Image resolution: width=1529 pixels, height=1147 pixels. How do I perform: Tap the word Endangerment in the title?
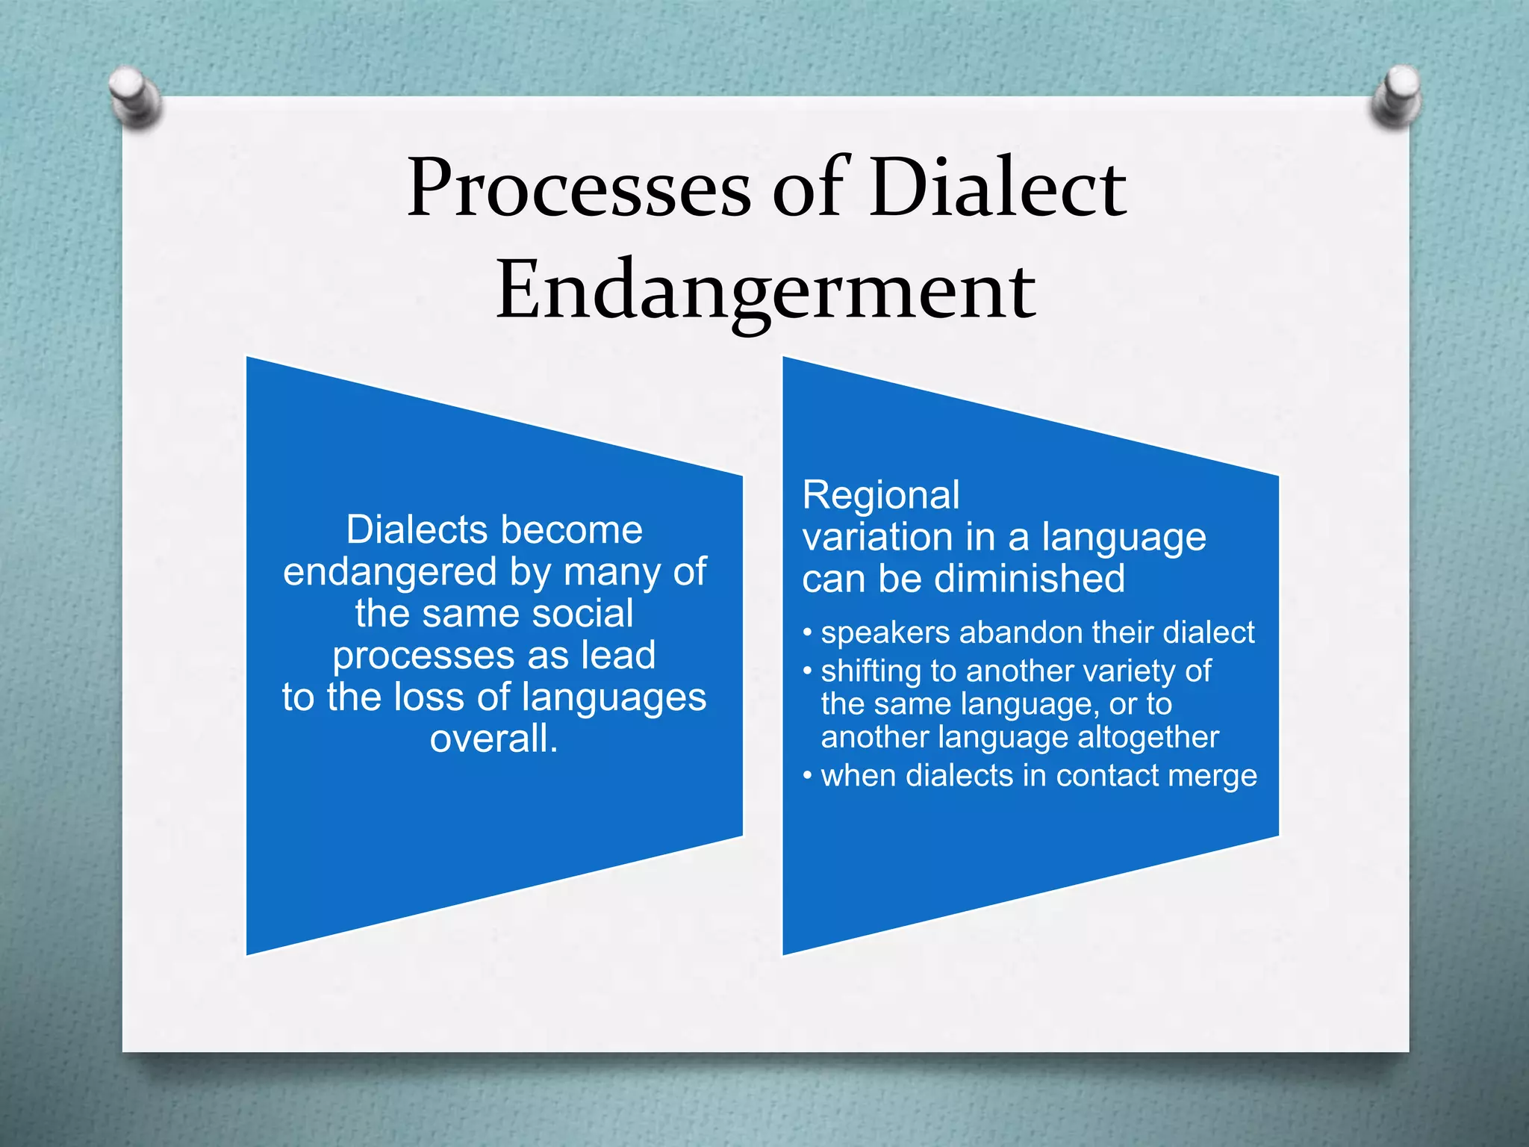click(x=766, y=291)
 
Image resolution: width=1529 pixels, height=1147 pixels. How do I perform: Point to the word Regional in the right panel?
click(x=881, y=495)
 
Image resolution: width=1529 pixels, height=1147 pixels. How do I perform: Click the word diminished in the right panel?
click(x=1030, y=579)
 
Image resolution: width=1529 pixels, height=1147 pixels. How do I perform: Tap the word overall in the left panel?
click(x=493, y=739)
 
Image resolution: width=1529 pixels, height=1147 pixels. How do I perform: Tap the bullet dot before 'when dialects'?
click(x=807, y=776)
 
